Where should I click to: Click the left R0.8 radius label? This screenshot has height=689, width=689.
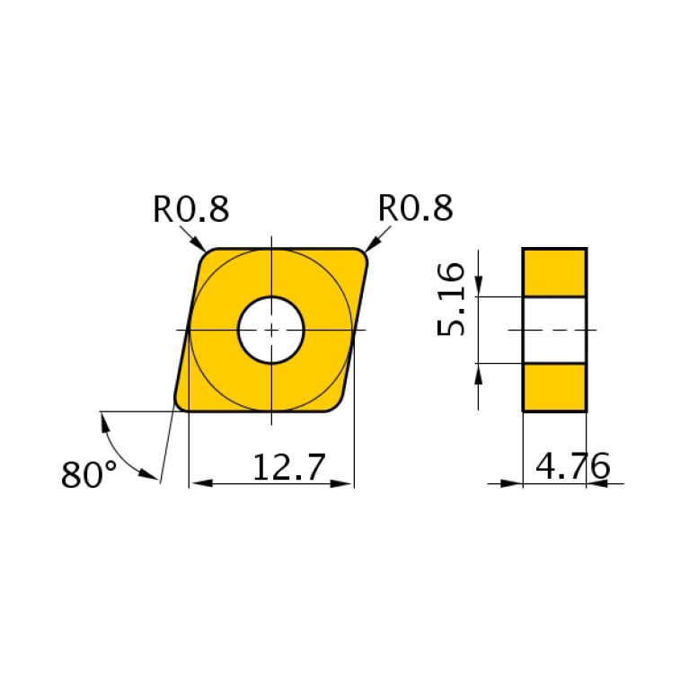tap(190, 208)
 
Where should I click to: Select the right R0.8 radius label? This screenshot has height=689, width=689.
tap(415, 208)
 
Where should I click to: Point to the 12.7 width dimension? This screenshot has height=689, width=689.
tap(287, 468)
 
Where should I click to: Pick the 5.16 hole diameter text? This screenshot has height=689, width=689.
tap(453, 299)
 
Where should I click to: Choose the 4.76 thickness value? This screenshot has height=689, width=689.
tap(572, 467)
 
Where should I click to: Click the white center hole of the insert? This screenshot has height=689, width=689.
tap(271, 330)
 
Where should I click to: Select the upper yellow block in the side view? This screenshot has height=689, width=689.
tap(554, 273)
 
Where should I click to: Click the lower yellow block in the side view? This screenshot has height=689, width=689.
tap(554, 387)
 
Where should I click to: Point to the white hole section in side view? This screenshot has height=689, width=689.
tap(554, 330)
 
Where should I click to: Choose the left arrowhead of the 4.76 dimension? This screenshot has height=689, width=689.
tap(513, 483)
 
